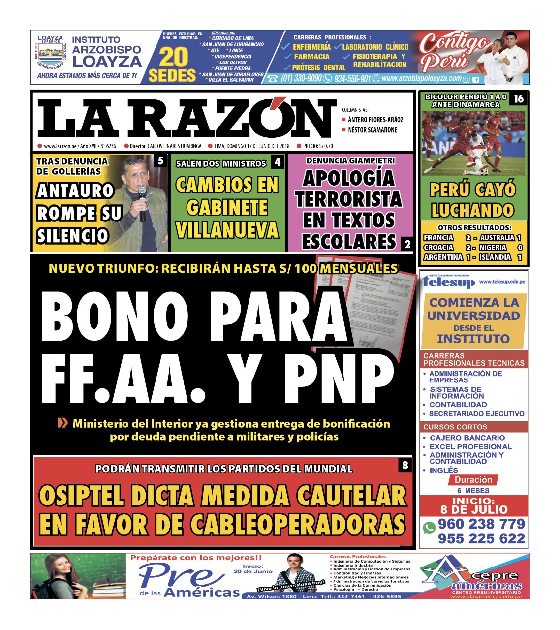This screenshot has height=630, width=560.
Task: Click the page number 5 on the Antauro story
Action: coord(161,161)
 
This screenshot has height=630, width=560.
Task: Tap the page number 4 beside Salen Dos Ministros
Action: coord(278,162)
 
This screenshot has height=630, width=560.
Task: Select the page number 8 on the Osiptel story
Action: coord(405,465)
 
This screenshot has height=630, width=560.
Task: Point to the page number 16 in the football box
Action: coord(519,99)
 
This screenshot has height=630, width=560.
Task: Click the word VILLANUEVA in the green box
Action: coord(227,230)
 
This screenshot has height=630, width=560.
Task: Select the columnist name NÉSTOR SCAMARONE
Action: coord(372,130)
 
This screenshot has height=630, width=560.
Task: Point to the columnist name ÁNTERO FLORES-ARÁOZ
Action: coord(375,119)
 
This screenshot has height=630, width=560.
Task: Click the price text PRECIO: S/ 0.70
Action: coord(318,146)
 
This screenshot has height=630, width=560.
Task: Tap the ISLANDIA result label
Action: coord(495,257)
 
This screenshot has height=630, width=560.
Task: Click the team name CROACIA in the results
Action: coord(438,248)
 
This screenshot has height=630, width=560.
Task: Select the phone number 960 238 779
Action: coord(481,524)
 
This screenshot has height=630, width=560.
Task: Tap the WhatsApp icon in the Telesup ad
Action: coord(429,528)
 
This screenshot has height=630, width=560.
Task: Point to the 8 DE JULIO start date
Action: coord(474,509)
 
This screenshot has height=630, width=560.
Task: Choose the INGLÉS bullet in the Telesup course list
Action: coord(443,470)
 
